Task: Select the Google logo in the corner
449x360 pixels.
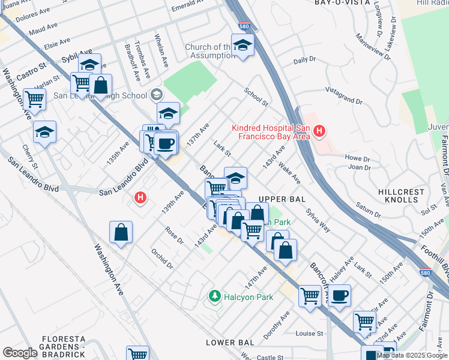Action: coord(20,353)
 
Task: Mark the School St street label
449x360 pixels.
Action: coord(256,97)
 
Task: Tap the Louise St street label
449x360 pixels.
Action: coord(309,333)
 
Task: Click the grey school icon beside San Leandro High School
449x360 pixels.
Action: coord(157,94)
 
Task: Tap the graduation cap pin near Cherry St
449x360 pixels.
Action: coord(44,133)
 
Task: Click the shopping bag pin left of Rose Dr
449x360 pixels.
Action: coord(121,233)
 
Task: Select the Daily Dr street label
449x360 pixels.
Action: coord(304,61)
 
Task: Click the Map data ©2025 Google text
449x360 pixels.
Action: coord(412,355)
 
